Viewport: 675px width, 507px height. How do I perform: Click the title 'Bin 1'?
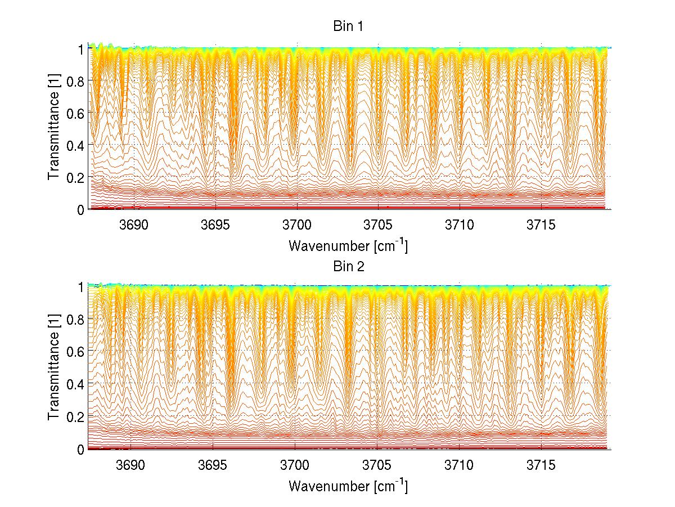[x=348, y=26]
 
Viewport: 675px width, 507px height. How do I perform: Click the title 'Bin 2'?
[x=348, y=267]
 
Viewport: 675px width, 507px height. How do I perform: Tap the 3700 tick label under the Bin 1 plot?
[x=297, y=225]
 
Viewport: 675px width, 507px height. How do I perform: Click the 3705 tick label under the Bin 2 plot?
[x=378, y=465]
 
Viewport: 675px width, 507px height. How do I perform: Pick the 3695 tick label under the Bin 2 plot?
[x=216, y=465]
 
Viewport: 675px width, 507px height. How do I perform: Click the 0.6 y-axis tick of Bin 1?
[x=75, y=113]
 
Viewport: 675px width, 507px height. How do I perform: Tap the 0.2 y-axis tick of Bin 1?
[x=75, y=177]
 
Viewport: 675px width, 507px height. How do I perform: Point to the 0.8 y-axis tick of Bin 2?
[x=75, y=320]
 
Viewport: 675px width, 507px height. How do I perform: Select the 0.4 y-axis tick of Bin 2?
[x=75, y=384]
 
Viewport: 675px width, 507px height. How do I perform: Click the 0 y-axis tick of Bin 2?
[x=80, y=449]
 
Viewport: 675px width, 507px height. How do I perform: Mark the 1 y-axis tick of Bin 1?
[x=80, y=48]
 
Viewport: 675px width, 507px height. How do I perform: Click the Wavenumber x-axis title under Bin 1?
[x=348, y=245]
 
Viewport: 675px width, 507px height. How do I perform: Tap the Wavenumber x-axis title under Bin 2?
[x=348, y=486]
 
